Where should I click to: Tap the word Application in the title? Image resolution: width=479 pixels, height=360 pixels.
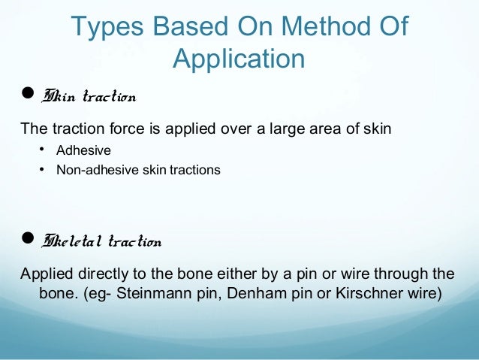(x=239, y=59)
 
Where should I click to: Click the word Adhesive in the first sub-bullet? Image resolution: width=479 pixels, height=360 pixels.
(x=83, y=150)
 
